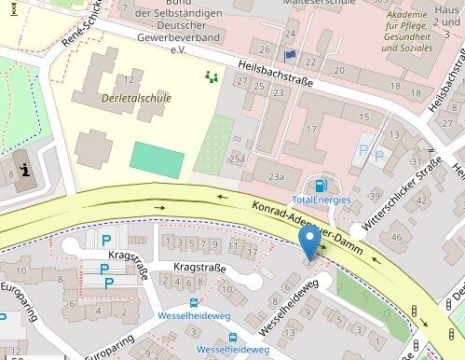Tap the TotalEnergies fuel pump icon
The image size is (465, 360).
coord(322,185)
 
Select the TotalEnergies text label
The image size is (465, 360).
coord(321,200)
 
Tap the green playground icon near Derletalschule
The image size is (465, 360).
coord(212,77)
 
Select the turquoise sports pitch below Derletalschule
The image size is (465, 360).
coord(157,159)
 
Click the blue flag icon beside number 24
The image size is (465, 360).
coord(289,55)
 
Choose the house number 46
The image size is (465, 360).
coord(398,237)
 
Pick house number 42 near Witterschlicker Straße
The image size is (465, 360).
coord(421,200)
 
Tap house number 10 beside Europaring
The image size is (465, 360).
coord(21,271)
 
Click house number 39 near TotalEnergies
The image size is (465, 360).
coord(375,195)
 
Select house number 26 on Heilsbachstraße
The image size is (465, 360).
coord(265,48)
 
